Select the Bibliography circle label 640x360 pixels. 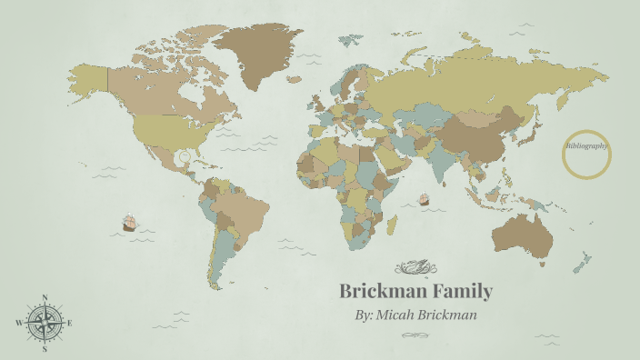(x=586, y=145)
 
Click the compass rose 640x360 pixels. (x=45, y=322)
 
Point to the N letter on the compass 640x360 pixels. (x=45, y=297)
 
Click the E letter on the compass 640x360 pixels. (x=70, y=323)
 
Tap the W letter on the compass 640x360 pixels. (x=19, y=323)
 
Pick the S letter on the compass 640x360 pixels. (x=45, y=348)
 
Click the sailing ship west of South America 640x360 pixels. (x=128, y=222)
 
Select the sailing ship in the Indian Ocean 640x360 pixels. (x=423, y=198)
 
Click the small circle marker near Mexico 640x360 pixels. (x=185, y=156)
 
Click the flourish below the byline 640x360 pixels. (x=417, y=335)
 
